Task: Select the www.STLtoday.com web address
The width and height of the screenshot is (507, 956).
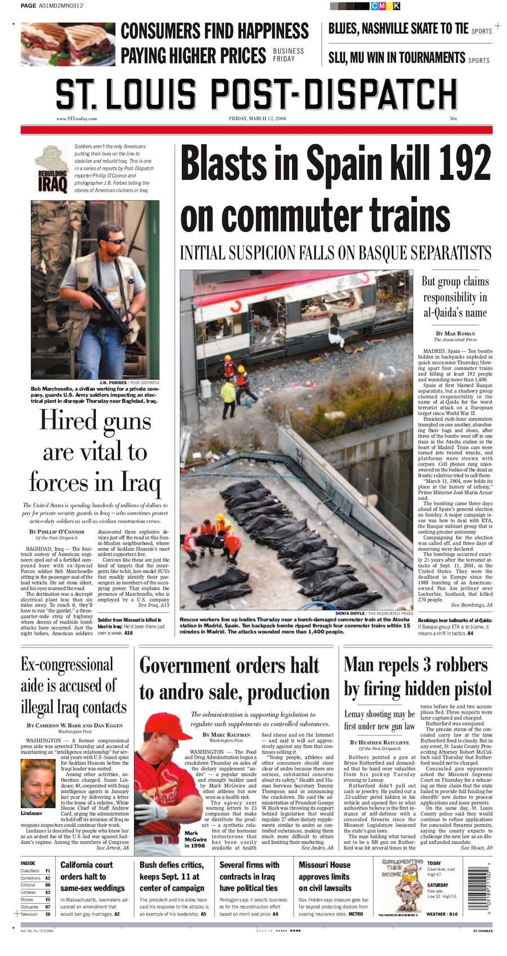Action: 77,119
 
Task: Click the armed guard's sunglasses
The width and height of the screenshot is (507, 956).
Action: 116,241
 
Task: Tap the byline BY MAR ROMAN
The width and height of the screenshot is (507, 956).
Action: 455,333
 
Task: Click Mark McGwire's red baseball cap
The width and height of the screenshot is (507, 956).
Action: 166,723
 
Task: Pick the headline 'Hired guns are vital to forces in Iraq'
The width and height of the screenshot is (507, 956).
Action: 95,452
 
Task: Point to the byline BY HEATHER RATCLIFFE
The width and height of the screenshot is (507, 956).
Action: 379,742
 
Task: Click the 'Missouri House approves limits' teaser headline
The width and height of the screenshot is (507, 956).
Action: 324,877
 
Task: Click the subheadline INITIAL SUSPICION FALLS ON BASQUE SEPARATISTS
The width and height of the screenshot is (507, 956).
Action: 335,252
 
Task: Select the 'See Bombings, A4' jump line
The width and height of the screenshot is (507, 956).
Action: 472,605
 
